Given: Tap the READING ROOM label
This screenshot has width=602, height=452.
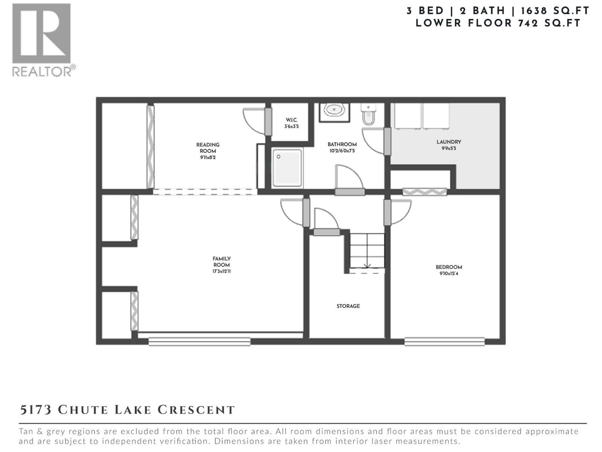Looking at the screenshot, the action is (208, 148).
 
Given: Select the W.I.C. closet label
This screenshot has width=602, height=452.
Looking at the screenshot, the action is (291, 120).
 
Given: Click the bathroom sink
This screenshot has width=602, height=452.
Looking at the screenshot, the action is (334, 110).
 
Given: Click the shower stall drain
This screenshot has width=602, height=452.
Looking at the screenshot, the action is (278, 157).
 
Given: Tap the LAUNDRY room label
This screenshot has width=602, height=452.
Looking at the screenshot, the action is (449, 142).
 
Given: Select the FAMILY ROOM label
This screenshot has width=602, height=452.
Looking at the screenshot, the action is (221, 261).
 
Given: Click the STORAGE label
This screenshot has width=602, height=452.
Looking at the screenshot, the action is (348, 306).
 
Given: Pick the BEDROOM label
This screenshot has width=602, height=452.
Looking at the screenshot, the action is (449, 267).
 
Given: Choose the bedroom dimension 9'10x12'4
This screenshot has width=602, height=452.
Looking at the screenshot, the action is (449, 273).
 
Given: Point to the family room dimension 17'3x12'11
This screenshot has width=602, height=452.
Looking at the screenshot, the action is (221, 272).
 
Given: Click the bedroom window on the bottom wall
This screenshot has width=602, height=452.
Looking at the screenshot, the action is (444, 341).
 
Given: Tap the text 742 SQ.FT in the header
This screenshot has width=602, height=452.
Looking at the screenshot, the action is (549, 23).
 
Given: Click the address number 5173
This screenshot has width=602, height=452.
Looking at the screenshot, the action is (36, 410).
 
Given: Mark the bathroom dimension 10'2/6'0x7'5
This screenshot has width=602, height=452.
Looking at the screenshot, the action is (342, 151).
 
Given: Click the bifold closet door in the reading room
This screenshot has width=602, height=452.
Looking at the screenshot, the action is (150, 147).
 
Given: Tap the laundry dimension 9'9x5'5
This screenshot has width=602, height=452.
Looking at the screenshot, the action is (449, 148).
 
